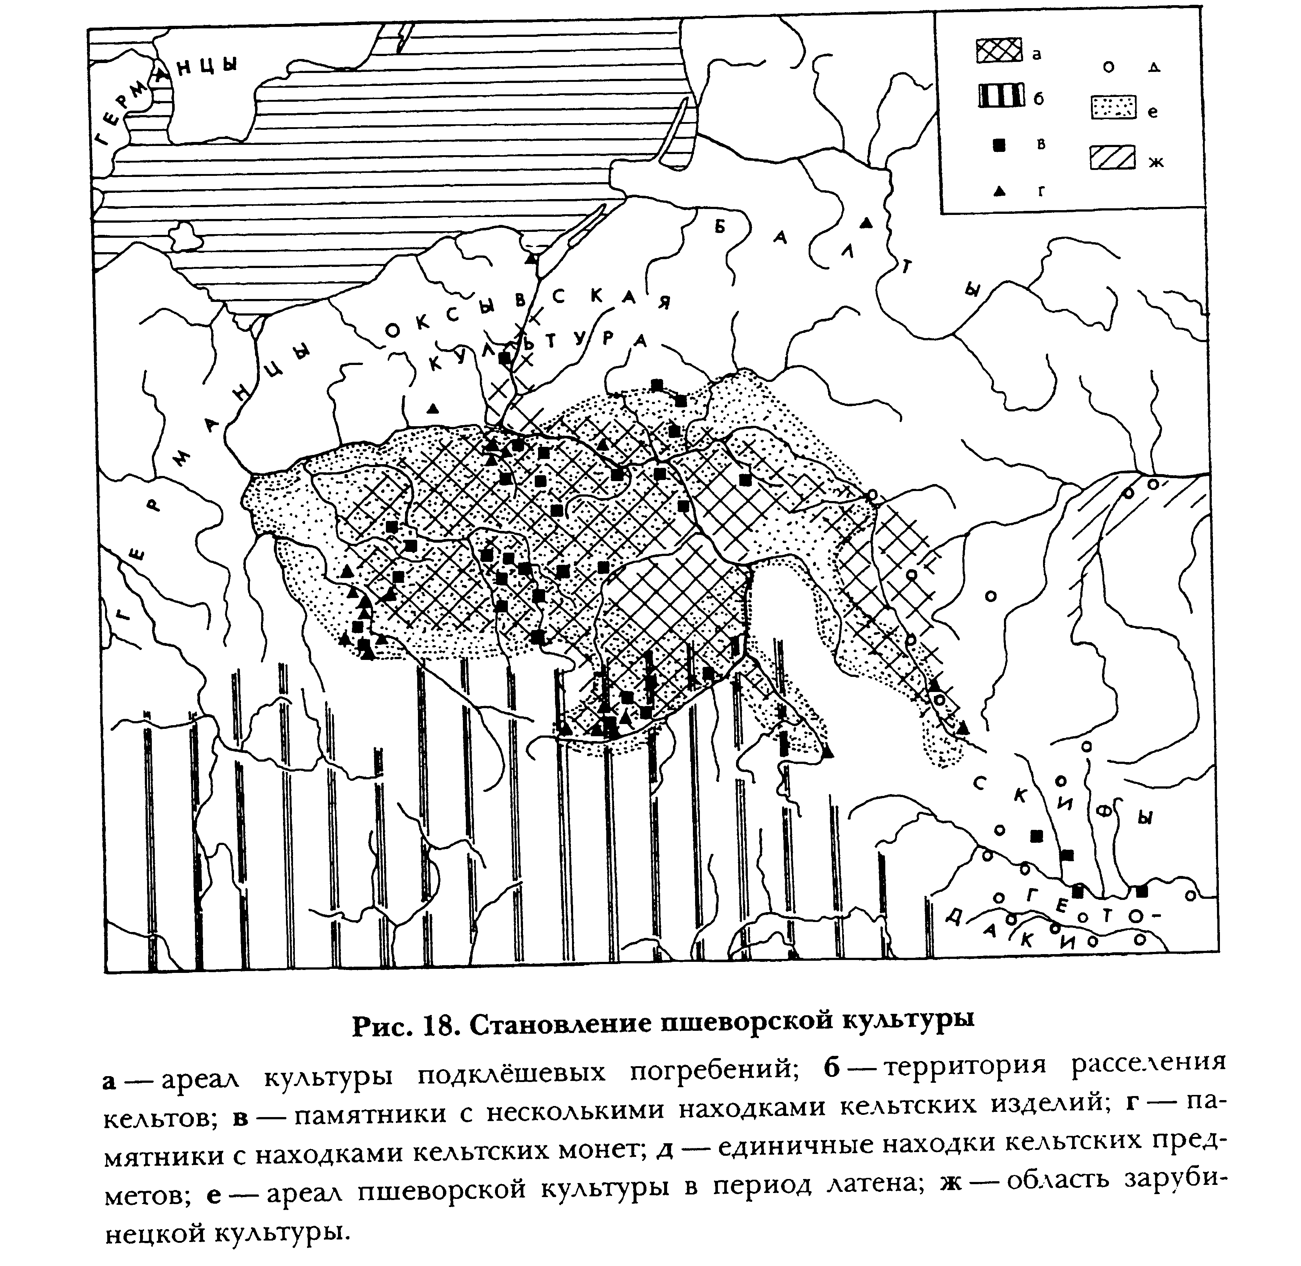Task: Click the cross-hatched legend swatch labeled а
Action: point(999,51)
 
